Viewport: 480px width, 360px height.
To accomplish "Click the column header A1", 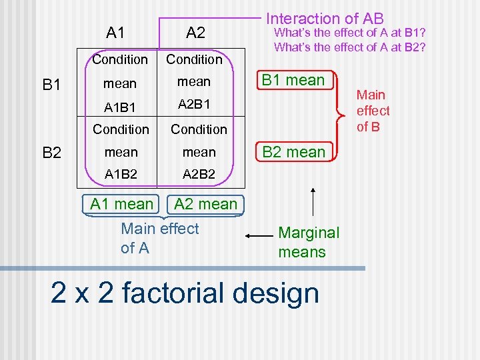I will coord(115,32).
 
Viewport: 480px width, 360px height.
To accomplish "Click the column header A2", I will coord(195,32).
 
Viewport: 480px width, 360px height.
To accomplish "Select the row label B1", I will coord(52,85).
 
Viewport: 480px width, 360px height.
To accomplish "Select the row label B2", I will coord(52,153).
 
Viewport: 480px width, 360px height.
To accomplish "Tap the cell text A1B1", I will coord(121,105).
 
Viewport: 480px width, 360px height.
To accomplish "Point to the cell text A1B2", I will coord(121,175).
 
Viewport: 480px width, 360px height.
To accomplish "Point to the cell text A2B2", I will coord(199,175).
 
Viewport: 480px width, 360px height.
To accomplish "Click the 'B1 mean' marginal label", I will coord(293,81).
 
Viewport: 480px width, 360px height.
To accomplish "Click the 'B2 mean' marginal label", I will coord(294,151).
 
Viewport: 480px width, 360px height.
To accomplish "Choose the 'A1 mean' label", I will coord(121,203).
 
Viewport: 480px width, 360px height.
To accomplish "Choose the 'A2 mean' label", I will coord(205,204).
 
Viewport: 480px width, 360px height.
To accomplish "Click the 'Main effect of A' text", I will coord(160,238).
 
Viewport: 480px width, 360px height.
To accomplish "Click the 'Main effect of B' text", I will coord(373,111).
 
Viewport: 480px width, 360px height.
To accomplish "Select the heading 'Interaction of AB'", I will coord(325,19).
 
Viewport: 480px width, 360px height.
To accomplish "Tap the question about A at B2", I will coord(349,47).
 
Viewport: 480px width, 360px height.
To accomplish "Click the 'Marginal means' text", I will coord(308,242).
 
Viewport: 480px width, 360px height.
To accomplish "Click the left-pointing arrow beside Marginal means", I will coord(257,235).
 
